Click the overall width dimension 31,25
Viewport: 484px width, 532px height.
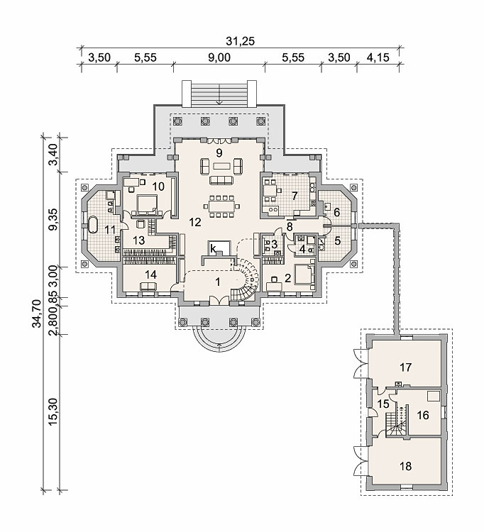[240, 41]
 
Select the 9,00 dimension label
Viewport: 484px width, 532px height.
[219, 57]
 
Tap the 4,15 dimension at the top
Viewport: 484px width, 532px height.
[378, 57]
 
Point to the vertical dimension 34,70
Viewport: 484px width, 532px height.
[36, 313]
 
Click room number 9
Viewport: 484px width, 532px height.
[219, 153]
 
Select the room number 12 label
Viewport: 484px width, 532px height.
[195, 222]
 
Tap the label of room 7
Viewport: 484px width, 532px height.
[295, 196]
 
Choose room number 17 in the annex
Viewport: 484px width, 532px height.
[406, 367]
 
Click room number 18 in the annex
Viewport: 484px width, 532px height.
[406, 466]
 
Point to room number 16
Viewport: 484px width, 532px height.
[423, 415]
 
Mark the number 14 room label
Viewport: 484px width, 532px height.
[151, 275]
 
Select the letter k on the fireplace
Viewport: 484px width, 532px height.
[213, 249]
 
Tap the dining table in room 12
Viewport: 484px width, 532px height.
[221, 206]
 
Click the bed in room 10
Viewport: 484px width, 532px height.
[147, 204]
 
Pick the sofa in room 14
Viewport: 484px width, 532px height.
[148, 286]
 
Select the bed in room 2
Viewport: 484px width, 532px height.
[304, 275]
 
